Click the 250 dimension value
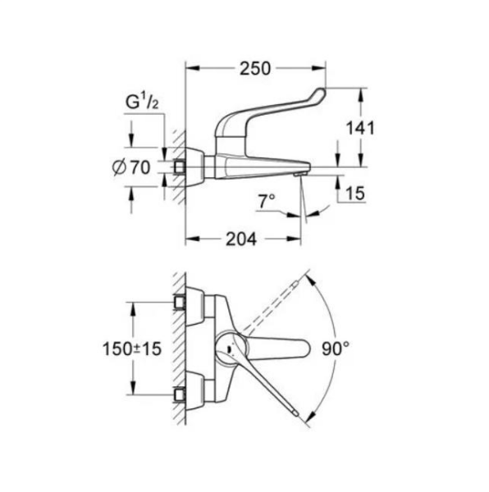pyautogui.click(x=254, y=71)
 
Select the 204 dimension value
pyautogui.click(x=240, y=239)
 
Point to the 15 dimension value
pyautogui.click(x=354, y=194)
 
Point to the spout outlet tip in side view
pyautogui.click(x=300, y=175)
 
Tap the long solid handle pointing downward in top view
pyautogui.click(x=271, y=385)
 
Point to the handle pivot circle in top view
pyautogui.click(x=226, y=348)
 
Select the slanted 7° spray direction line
pyautogui.click(x=304, y=201)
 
